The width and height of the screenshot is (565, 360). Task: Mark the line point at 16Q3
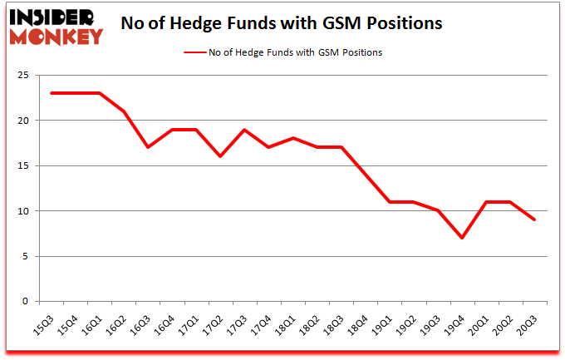point(148,147)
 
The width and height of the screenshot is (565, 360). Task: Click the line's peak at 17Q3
point(244,130)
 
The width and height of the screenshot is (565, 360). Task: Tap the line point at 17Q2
point(220,156)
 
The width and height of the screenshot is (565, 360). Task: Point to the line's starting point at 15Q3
point(52,93)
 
